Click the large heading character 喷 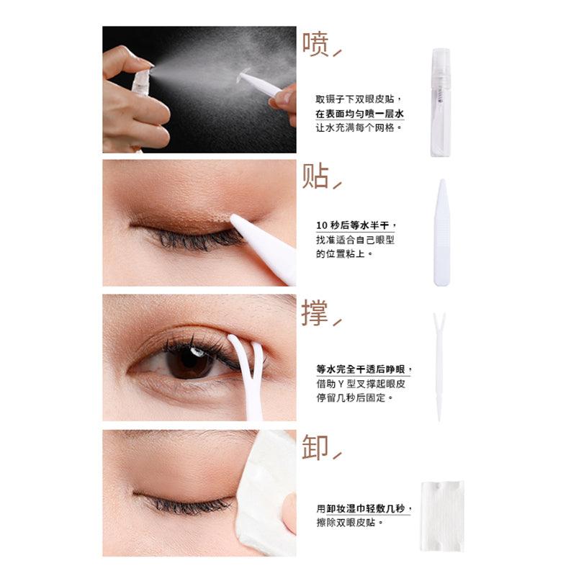(315, 44)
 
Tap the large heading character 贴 (315, 176)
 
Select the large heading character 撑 (315, 313)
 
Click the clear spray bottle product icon (440, 102)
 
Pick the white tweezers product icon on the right (441, 232)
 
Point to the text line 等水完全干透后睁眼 (363, 369)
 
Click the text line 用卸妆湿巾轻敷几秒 (363, 508)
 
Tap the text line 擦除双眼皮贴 (349, 522)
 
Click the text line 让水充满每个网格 (359, 127)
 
